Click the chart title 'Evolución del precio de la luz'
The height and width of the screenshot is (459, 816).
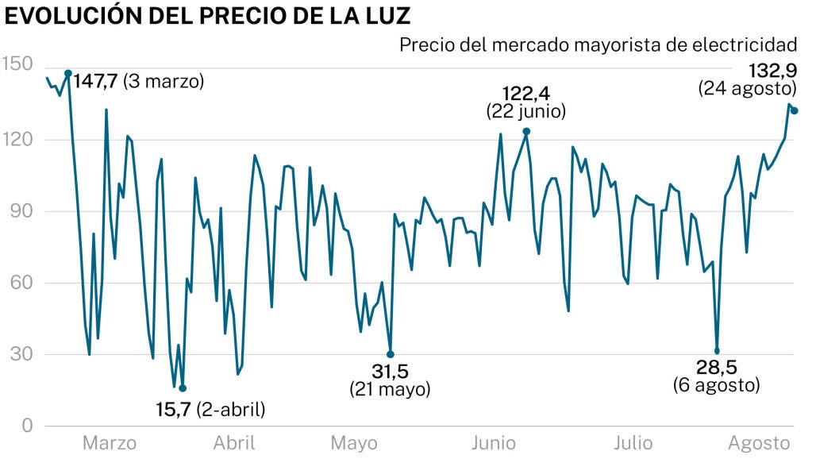pyautogui.click(x=208, y=15)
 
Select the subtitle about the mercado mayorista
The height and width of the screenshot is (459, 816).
pyautogui.click(x=598, y=44)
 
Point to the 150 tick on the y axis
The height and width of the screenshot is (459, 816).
pyautogui.click(x=14, y=64)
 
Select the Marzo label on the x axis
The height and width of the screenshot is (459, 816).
pyautogui.click(x=110, y=443)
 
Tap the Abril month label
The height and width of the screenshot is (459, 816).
pyautogui.click(x=234, y=443)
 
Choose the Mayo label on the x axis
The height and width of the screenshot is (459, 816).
pyautogui.click(x=354, y=443)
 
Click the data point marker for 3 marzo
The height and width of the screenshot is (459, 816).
pyautogui.click(x=68, y=73)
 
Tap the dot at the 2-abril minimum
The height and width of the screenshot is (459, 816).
pyautogui.click(x=183, y=388)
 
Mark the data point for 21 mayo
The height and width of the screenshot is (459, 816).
pyautogui.click(x=391, y=354)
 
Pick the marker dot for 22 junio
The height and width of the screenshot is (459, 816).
pyautogui.click(x=526, y=131)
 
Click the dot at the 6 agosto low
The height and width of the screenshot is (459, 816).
pyautogui.click(x=717, y=351)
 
